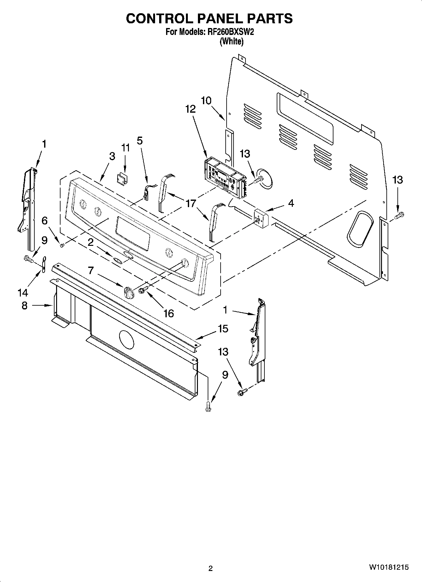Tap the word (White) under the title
232,41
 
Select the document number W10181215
389,568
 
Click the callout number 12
190,109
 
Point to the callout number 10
206,101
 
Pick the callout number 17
191,204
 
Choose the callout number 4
291,203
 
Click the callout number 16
169,313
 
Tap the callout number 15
223,329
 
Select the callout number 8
25,305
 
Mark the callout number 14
23,293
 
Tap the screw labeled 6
62,245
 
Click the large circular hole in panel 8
126,340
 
